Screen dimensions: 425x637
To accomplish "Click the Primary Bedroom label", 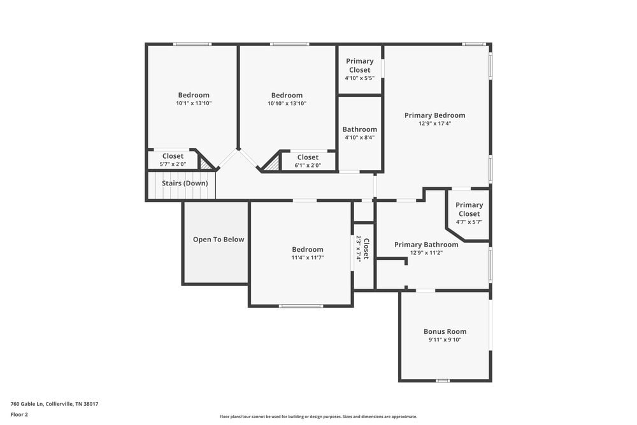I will [434, 115].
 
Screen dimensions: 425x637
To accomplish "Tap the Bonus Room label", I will [445, 331].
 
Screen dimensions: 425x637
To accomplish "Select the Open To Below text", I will [218, 240].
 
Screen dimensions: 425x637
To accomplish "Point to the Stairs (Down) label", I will [185, 184].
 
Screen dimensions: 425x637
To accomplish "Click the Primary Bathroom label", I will [426, 245].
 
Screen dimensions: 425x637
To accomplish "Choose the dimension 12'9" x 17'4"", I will [434, 124].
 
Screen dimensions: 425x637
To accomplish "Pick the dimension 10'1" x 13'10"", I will [194, 103].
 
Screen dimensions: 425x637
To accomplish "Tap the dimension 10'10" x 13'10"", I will [287, 103].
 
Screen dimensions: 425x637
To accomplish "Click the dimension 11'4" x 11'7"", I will [308, 257].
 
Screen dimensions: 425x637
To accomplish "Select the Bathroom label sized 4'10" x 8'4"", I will [359, 129].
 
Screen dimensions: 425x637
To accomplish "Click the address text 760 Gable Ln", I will [54, 404].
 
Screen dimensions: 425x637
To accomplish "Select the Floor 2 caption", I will [19, 415].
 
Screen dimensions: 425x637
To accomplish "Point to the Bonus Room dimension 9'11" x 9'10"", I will [445, 340].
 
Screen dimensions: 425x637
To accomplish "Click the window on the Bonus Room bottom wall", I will [443, 380].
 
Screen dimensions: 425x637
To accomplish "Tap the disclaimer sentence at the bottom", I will [318, 417].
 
